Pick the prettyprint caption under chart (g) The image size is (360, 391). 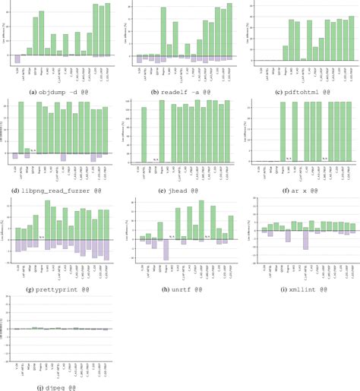[60, 289]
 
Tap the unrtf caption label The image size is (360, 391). [179, 289]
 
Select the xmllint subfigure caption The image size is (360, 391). [300, 289]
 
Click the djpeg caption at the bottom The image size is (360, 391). [60, 386]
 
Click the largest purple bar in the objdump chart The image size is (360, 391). [17, 58]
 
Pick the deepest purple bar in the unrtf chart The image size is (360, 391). [166, 249]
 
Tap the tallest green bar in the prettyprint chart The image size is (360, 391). [48, 219]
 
